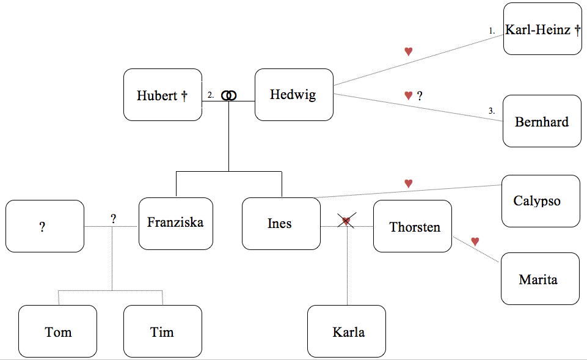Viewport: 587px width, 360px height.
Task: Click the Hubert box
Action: point(162,95)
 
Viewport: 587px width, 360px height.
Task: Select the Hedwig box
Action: point(294,95)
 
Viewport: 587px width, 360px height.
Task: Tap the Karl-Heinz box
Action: point(542,29)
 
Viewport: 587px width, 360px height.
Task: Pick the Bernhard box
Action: point(542,121)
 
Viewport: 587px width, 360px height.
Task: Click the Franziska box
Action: point(175,223)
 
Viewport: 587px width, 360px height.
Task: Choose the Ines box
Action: point(281,224)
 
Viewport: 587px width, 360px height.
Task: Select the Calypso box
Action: point(541,201)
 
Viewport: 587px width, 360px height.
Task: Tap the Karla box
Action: point(346,331)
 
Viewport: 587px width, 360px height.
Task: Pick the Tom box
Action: point(57,331)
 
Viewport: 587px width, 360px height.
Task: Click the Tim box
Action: point(162,331)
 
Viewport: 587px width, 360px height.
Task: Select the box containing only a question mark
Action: point(45,226)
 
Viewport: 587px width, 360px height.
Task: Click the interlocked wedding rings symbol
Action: point(228,95)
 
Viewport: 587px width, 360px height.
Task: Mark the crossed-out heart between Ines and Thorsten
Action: point(346,221)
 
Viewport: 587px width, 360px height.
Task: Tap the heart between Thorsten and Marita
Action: point(475,241)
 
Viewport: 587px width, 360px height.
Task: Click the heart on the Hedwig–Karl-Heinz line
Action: point(409,51)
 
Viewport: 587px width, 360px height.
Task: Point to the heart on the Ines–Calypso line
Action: point(409,183)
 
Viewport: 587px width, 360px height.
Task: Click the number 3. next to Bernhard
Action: point(492,111)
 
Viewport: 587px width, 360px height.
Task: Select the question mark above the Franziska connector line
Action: point(113,218)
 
